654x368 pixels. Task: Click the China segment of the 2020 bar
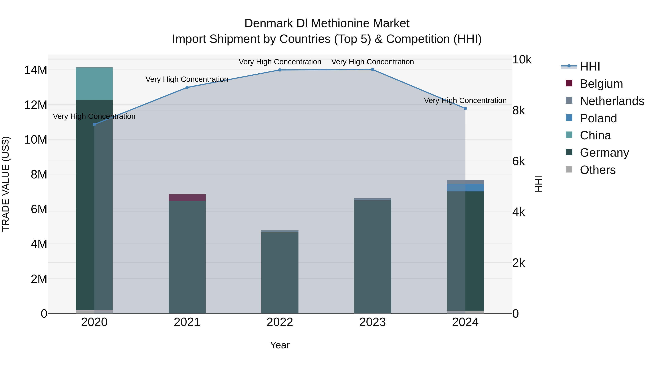tap(94, 84)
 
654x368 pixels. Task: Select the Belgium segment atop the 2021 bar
tap(187, 198)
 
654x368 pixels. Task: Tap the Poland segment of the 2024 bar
tap(465, 188)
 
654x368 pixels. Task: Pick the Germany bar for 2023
tap(372, 256)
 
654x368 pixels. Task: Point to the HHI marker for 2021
tap(187, 87)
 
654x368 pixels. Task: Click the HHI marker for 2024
tap(465, 108)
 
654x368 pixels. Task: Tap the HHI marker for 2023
tap(372, 70)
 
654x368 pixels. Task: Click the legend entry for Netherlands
tap(612, 101)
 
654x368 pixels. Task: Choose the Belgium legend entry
tap(601, 84)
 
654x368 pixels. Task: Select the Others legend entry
tap(598, 170)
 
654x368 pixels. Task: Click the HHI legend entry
tap(590, 67)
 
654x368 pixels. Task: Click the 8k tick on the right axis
tap(519, 110)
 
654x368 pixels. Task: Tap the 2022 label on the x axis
tap(280, 322)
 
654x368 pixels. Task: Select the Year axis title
tap(280, 345)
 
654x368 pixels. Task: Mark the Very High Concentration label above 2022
tap(280, 62)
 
